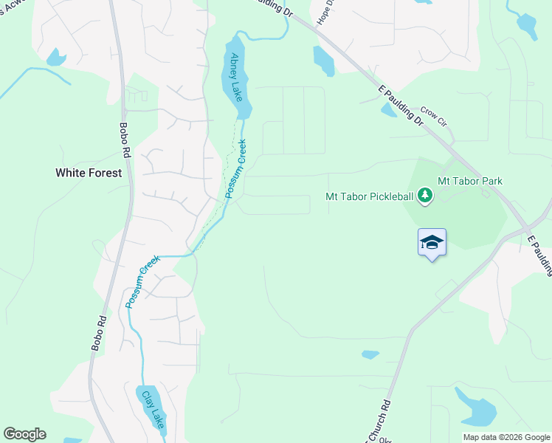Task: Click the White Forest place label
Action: pyautogui.click(x=86, y=174)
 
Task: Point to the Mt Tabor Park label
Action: pyautogui.click(x=470, y=181)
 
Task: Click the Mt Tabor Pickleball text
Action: pyautogui.click(x=370, y=196)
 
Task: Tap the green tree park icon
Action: pyautogui.click(x=424, y=196)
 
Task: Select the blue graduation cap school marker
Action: pyautogui.click(x=432, y=242)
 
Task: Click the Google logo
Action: pyautogui.click(x=24, y=434)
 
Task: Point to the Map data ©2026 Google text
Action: pyautogui.click(x=506, y=437)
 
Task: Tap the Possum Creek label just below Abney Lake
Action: pyautogui.click(x=235, y=169)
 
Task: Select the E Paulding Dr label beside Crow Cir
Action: pyautogui.click(x=399, y=105)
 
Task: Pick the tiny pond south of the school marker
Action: pyautogui.click(x=370, y=355)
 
